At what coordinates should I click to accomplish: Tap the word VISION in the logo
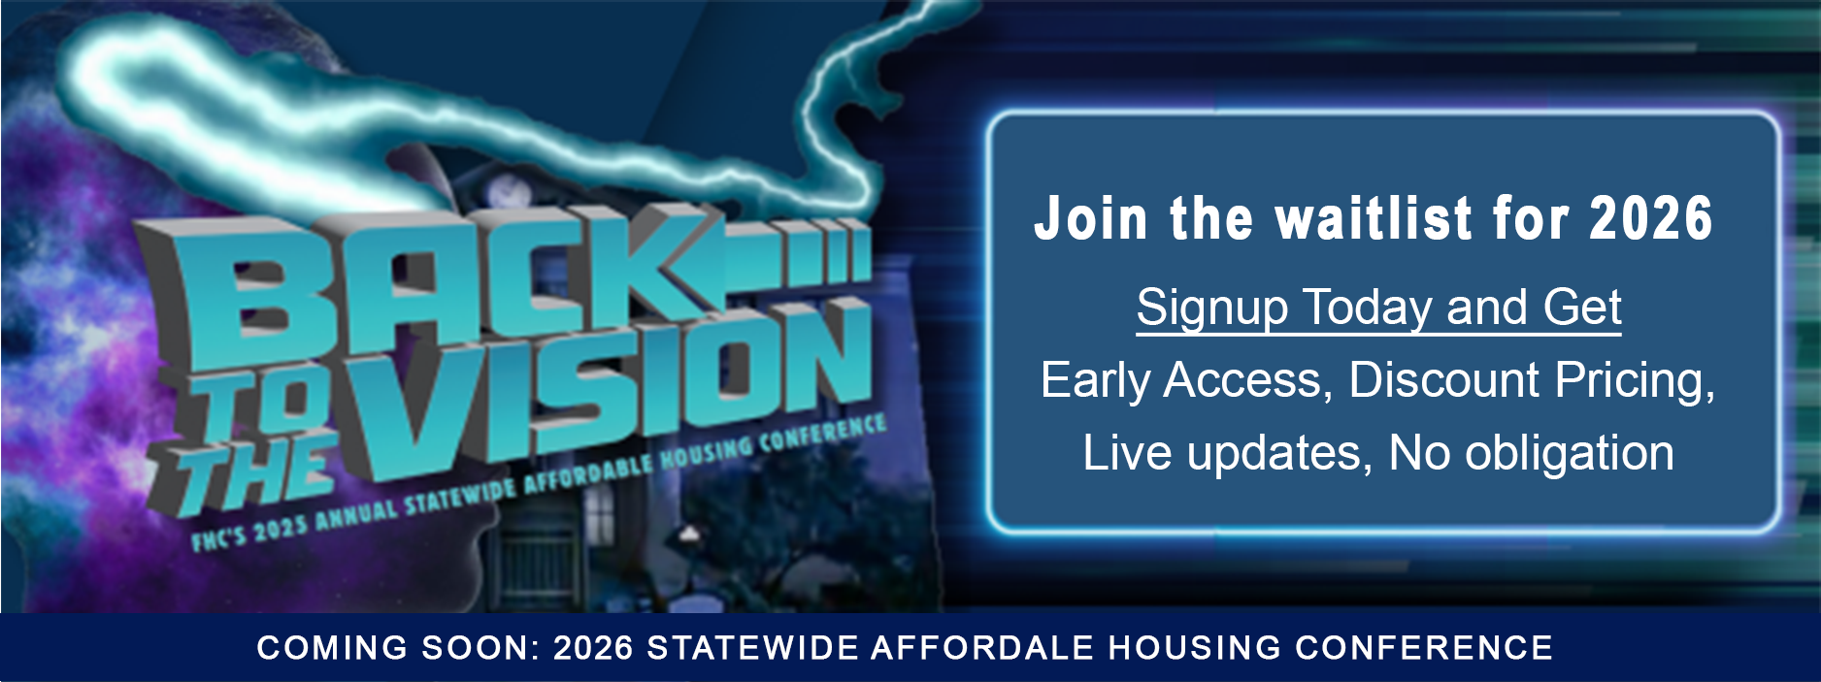click(612, 388)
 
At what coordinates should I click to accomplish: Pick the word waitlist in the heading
click(1374, 218)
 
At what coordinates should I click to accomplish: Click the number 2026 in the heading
click(1652, 218)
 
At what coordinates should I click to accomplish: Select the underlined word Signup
click(1213, 309)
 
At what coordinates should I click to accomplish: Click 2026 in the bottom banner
click(594, 648)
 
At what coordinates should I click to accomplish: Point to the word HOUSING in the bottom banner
click(1195, 648)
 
